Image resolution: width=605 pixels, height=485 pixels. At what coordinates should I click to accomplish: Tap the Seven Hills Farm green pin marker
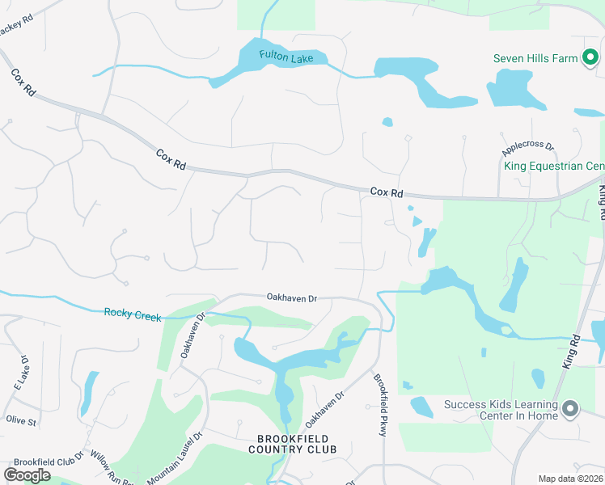(590, 57)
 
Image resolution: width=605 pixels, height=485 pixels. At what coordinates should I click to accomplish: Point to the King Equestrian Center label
(554, 167)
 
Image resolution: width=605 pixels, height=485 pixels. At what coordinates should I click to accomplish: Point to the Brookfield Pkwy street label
(380, 405)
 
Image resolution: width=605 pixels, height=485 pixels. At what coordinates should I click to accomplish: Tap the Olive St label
(21, 421)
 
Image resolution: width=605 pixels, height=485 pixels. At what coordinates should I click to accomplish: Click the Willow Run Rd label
(112, 468)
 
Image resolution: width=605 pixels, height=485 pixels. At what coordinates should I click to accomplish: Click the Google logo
(27, 474)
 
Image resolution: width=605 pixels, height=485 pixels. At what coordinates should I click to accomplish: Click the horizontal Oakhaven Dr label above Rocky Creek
(292, 298)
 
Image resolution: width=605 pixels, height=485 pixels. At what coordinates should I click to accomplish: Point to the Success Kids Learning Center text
(500, 410)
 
